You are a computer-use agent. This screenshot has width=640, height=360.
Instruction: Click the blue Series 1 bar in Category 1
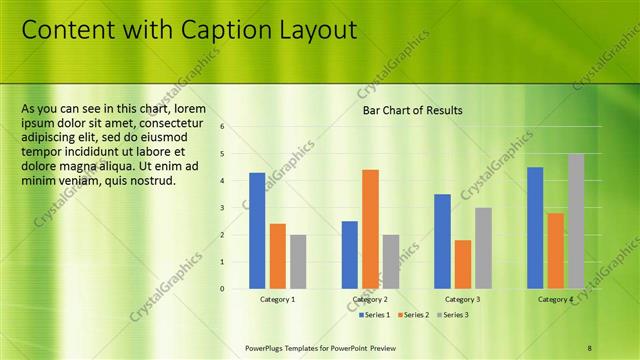tap(257, 231)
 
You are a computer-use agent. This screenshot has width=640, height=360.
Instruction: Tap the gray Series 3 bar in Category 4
tap(576, 221)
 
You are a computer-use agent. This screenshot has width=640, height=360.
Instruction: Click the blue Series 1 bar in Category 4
tap(535, 228)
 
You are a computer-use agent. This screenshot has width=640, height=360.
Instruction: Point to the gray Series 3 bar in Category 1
tap(298, 262)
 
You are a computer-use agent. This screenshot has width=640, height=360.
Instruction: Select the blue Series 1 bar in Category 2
tap(349, 255)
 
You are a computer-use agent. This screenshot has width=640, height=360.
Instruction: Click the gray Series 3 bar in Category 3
tap(483, 248)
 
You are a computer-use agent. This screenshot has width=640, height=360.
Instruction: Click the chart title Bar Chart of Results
tap(412, 110)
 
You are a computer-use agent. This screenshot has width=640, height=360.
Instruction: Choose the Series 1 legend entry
tap(376, 315)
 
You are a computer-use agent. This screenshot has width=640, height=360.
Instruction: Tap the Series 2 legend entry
tap(415, 315)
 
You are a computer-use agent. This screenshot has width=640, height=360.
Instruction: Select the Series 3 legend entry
tap(453, 315)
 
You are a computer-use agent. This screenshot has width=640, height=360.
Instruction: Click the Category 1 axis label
tap(277, 299)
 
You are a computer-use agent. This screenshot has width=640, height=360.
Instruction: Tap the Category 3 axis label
tap(462, 299)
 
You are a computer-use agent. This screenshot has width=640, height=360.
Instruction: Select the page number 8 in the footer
tap(589, 348)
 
